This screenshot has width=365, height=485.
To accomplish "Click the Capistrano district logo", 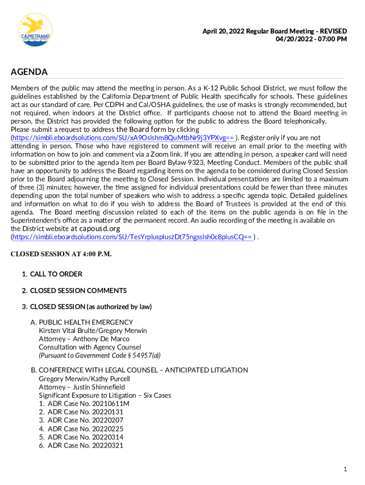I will (35, 29).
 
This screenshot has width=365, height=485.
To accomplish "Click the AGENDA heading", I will (29, 72).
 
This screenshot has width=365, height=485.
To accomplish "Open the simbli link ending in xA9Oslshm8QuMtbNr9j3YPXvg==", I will (123, 138).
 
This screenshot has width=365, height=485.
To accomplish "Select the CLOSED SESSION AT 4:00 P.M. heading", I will (61, 254).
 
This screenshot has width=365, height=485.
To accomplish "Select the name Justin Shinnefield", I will (99, 387).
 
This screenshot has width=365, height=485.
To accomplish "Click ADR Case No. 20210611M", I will (88, 404).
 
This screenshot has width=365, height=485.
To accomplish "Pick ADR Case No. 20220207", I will (85, 420).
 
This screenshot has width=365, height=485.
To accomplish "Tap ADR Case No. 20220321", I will (85, 445).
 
